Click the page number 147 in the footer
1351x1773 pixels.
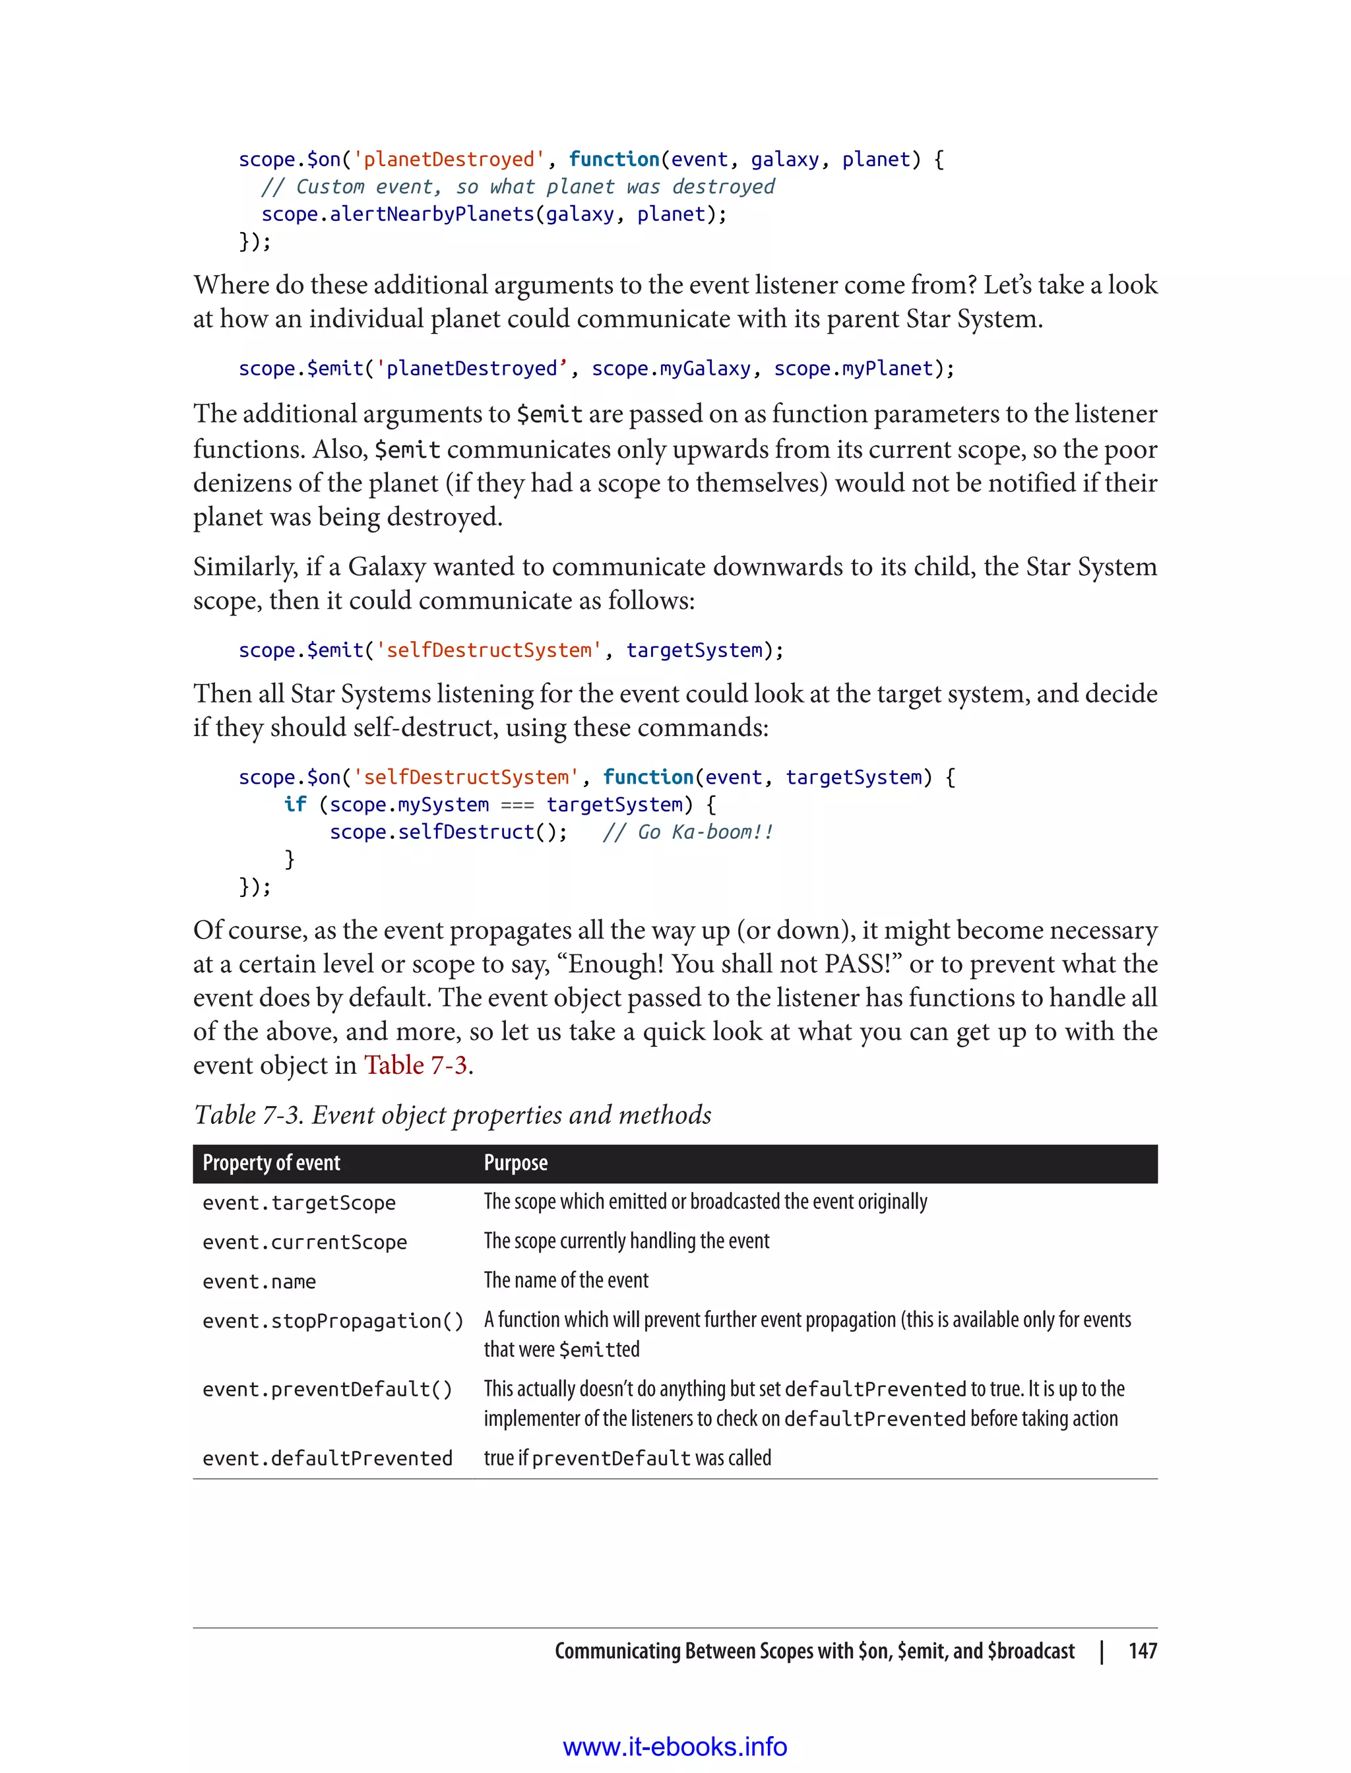coord(1142,1651)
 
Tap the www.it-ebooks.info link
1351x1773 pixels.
coord(675,1747)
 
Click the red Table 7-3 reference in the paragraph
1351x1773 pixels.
coord(415,1065)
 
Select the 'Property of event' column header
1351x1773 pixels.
coord(271,1163)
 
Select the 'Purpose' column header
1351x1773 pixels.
coord(515,1163)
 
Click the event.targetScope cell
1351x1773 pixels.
coord(299,1203)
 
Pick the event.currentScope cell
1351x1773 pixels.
coord(305,1242)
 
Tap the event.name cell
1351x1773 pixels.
coord(259,1282)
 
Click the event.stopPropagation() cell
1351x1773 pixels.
coord(333,1321)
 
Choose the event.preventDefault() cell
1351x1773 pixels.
coord(327,1390)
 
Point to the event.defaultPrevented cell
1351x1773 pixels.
coord(327,1458)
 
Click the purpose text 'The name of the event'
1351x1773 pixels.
coord(566,1280)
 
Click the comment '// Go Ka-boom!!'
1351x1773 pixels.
coord(687,832)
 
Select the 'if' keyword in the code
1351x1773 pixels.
coord(294,804)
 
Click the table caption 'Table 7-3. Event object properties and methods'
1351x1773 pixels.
coord(453,1115)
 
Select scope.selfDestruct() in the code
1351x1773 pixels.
coord(447,832)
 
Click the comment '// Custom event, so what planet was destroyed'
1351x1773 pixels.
coord(518,187)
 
